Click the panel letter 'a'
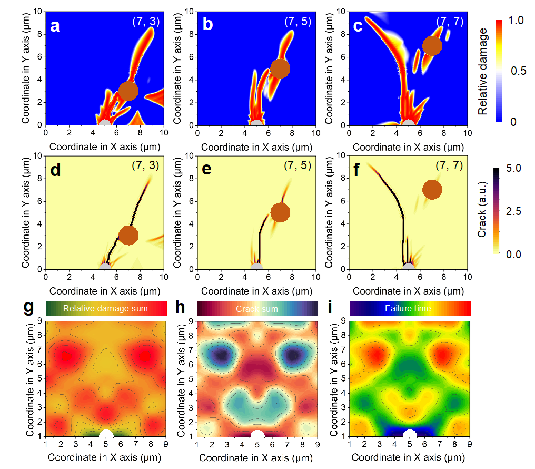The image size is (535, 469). point(55,25)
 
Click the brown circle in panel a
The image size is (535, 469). point(128,91)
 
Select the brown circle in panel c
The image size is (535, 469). point(432,45)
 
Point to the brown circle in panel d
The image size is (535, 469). point(128,235)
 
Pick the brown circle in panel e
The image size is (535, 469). point(280,212)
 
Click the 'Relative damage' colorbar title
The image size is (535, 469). point(483,72)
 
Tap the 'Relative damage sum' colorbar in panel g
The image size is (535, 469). point(106,308)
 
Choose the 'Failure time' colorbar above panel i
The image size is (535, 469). point(410,308)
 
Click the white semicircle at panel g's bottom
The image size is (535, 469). point(106,434)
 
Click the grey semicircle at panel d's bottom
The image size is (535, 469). point(105,266)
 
